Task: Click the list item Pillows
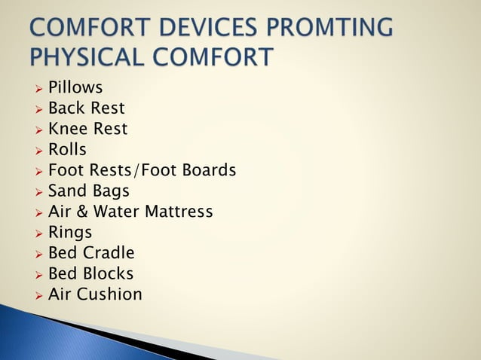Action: point(75,88)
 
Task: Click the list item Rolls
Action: point(67,150)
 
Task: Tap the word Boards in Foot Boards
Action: point(209,171)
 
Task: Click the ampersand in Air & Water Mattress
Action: point(81,212)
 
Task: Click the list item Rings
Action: point(70,233)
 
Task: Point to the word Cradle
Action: point(109,253)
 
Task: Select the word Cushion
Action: point(108,294)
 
